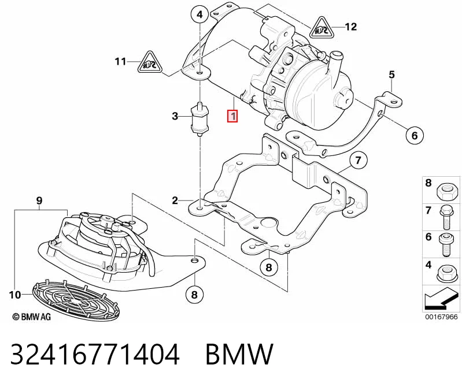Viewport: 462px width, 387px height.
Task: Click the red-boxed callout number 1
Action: [233, 116]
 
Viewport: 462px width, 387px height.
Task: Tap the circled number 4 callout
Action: [199, 14]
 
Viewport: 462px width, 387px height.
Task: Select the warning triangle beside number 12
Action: [320, 28]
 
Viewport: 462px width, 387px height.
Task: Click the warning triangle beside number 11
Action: [150, 63]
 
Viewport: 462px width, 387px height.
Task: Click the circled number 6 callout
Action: [415, 135]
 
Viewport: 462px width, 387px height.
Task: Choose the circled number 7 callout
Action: [358, 161]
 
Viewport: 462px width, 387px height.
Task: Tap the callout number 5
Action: [391, 75]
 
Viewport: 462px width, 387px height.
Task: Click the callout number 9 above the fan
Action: [39, 200]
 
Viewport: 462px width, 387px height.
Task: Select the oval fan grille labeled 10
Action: [76, 300]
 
